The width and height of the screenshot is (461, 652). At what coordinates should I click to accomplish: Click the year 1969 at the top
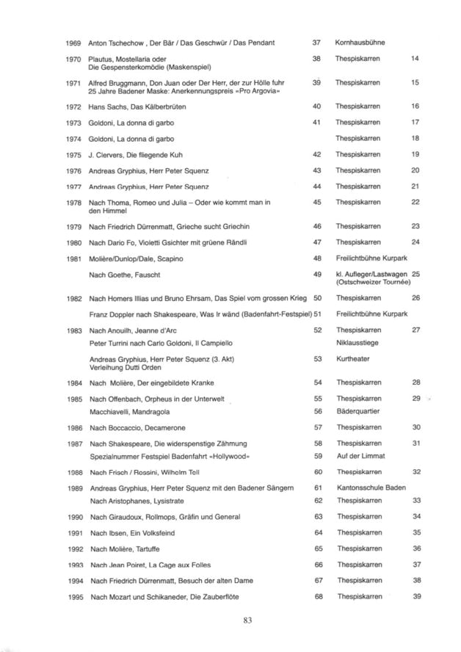tap(73, 43)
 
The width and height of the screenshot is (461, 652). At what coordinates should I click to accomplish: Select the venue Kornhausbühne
tap(360, 43)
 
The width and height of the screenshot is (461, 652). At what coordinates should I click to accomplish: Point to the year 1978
tap(73, 203)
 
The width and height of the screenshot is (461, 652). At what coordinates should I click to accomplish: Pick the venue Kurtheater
tap(353, 359)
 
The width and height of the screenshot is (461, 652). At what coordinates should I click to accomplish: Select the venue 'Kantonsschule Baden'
tap(370, 488)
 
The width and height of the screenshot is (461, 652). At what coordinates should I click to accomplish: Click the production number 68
tap(318, 596)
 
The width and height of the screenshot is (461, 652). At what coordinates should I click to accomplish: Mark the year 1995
tap(73, 596)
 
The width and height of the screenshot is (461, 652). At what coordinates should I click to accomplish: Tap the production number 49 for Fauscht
tap(318, 274)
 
